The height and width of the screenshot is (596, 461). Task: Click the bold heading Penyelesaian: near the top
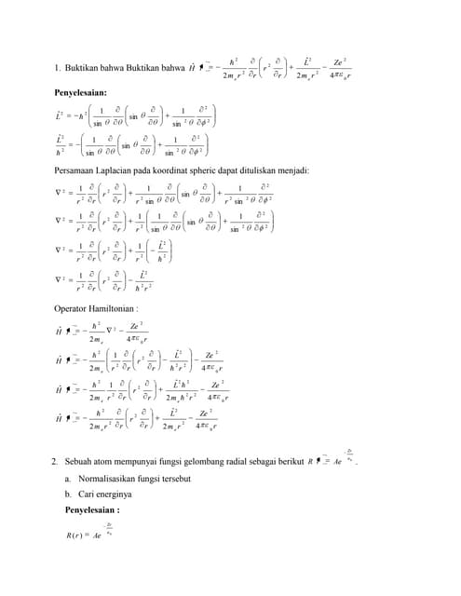tap(80, 94)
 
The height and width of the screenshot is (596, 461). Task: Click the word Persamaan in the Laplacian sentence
tap(78, 170)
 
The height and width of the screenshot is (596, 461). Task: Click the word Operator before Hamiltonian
tap(72, 307)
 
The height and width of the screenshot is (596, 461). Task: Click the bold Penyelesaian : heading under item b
tap(92, 510)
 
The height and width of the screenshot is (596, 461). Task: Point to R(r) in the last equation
tap(76, 538)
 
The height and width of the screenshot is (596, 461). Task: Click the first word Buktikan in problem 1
tap(85, 68)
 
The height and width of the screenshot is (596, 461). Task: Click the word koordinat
tap(178, 170)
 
